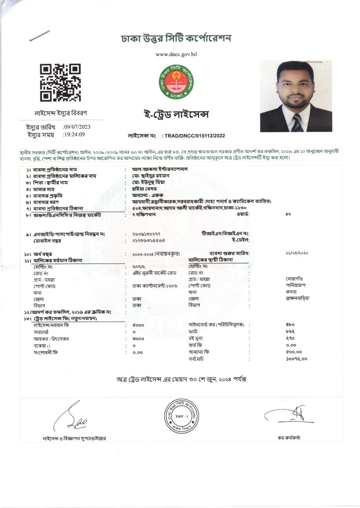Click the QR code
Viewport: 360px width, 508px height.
(60, 83)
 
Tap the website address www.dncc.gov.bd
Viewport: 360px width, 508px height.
(177, 54)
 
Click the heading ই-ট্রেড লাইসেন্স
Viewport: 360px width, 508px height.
(177, 114)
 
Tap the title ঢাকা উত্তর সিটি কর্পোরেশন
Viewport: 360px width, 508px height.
(176, 39)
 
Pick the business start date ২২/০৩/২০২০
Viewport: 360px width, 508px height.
(297, 253)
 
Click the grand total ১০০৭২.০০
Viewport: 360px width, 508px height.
(296, 359)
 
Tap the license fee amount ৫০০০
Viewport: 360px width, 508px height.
(138, 324)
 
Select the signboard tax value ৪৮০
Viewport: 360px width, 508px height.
(290, 324)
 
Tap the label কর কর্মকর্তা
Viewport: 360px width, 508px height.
(289, 437)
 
